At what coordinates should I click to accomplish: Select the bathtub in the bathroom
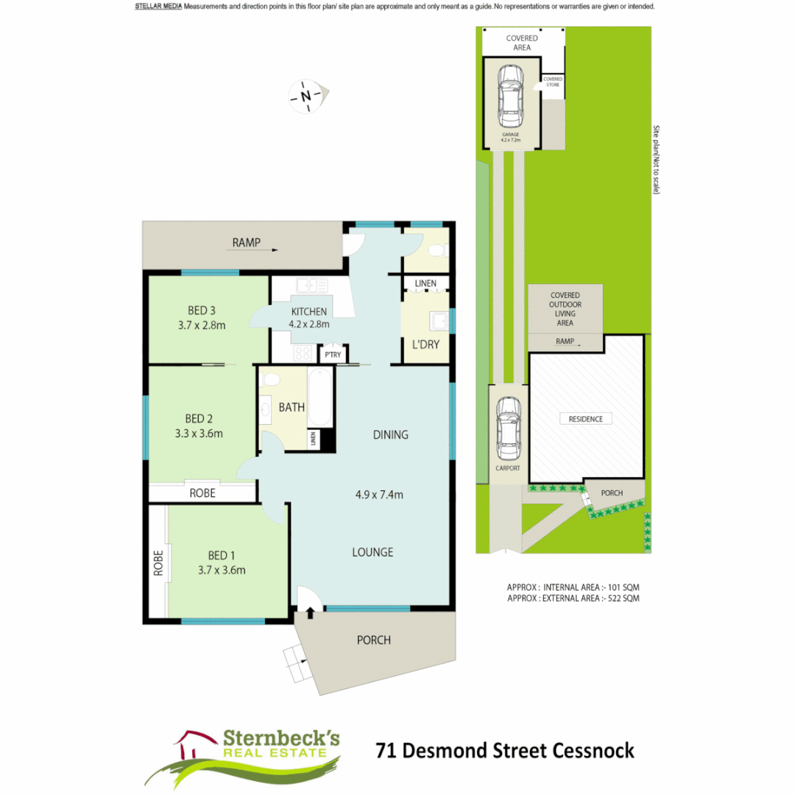[321, 402]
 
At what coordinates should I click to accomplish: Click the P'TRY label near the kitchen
[332, 355]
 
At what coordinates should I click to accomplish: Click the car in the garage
[510, 96]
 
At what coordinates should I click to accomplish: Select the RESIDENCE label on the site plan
[586, 419]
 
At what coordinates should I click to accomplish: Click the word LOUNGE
[372, 552]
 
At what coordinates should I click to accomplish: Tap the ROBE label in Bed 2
[202, 493]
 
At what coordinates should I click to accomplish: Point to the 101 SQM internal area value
[623, 587]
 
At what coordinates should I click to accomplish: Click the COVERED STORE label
[553, 82]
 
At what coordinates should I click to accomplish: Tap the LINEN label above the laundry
[425, 283]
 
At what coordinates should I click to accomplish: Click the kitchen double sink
[312, 285]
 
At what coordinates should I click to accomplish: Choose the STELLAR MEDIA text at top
[158, 7]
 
